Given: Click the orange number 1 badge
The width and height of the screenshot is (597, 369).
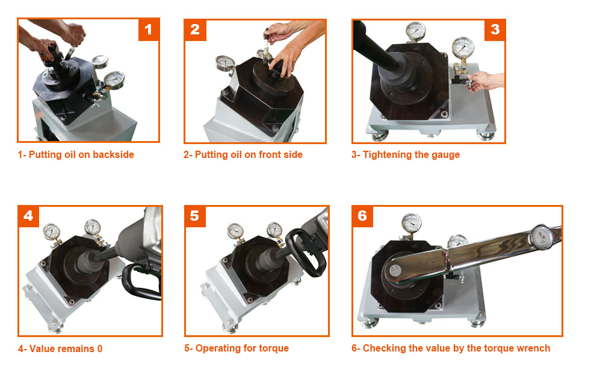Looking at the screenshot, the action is [x=148, y=30].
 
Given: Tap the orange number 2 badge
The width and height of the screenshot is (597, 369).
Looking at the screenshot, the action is [x=196, y=30].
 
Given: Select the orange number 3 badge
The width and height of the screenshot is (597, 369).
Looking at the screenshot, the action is [x=495, y=30].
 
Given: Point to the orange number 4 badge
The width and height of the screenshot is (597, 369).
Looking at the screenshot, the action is [x=28, y=216].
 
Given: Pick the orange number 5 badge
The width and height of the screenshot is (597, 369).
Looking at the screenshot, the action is [x=195, y=216].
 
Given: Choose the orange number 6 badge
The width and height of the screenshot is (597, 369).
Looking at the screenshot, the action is [x=362, y=216].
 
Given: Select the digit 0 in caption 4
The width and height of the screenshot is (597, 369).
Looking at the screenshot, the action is [x=99, y=348].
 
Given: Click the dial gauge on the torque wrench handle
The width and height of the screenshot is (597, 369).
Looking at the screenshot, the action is [x=542, y=238].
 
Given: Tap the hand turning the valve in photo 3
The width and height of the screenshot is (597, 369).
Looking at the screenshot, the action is [x=484, y=81].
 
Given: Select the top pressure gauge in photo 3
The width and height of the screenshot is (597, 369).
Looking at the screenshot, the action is [x=415, y=31].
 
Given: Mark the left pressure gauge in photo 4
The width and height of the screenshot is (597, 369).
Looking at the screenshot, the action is [x=52, y=232].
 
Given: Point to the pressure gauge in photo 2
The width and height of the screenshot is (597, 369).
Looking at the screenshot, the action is [x=225, y=63].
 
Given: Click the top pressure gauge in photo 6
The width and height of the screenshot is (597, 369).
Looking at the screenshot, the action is [x=412, y=223].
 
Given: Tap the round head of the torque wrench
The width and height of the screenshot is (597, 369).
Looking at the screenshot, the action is [x=395, y=270].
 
